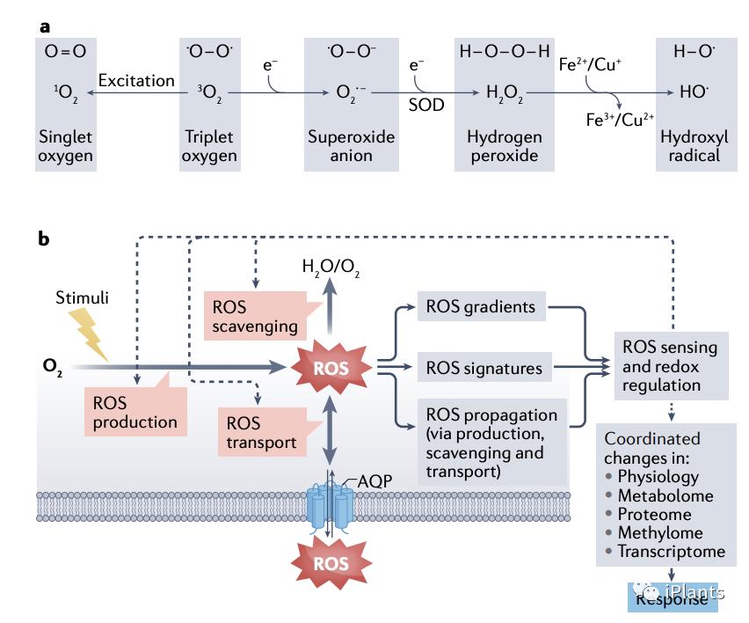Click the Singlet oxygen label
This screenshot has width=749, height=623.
point(65,146)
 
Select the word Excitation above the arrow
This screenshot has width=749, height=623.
point(136,80)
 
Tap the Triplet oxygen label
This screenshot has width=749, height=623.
point(211,146)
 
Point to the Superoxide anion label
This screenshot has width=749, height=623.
point(351,146)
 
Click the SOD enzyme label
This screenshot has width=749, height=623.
point(426,105)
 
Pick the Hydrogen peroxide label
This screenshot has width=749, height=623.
point(504,146)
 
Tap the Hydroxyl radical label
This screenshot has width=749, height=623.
point(688,146)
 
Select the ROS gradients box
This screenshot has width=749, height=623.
point(482,307)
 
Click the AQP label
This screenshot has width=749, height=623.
point(376,482)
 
